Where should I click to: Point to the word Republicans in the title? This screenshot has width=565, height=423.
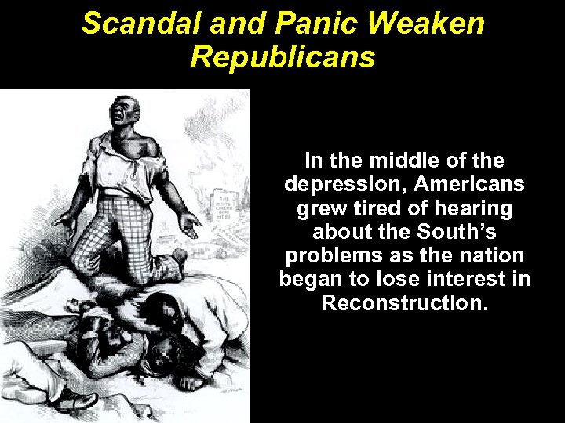pyautogui.click(x=282, y=57)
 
